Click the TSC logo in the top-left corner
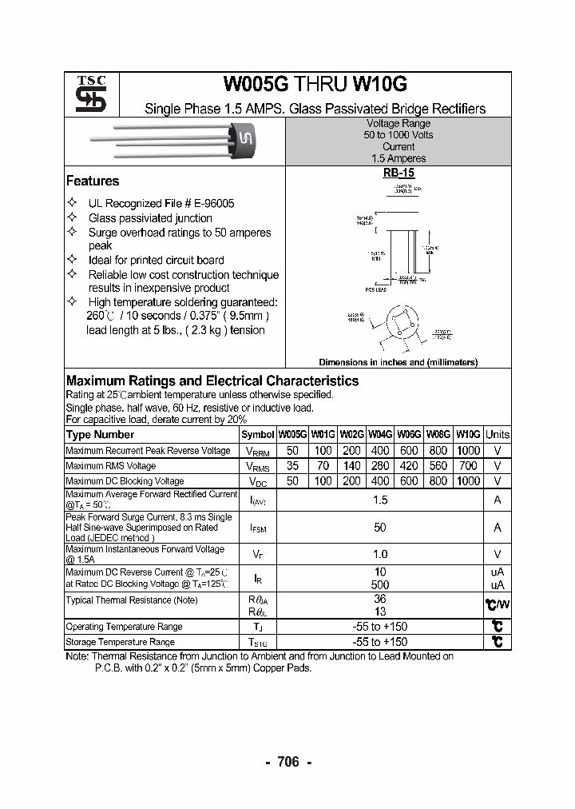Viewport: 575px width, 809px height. point(85,94)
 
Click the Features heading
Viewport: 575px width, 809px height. point(93,181)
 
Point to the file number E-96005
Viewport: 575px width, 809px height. point(212,204)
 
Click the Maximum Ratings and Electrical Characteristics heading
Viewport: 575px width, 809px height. point(212,381)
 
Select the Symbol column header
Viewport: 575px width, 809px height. point(257,435)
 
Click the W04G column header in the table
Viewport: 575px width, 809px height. point(379,435)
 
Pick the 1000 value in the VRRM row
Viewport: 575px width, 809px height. point(469,451)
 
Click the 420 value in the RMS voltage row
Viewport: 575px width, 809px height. point(409,466)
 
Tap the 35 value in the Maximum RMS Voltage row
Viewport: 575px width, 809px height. point(291,466)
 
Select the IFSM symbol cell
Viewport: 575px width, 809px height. point(257,528)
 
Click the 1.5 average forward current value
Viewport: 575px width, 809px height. point(380,500)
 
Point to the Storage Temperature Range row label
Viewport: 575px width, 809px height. point(120,642)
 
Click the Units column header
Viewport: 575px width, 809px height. point(498,435)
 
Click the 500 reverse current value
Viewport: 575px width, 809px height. point(380,585)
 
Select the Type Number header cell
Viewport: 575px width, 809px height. point(101,435)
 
